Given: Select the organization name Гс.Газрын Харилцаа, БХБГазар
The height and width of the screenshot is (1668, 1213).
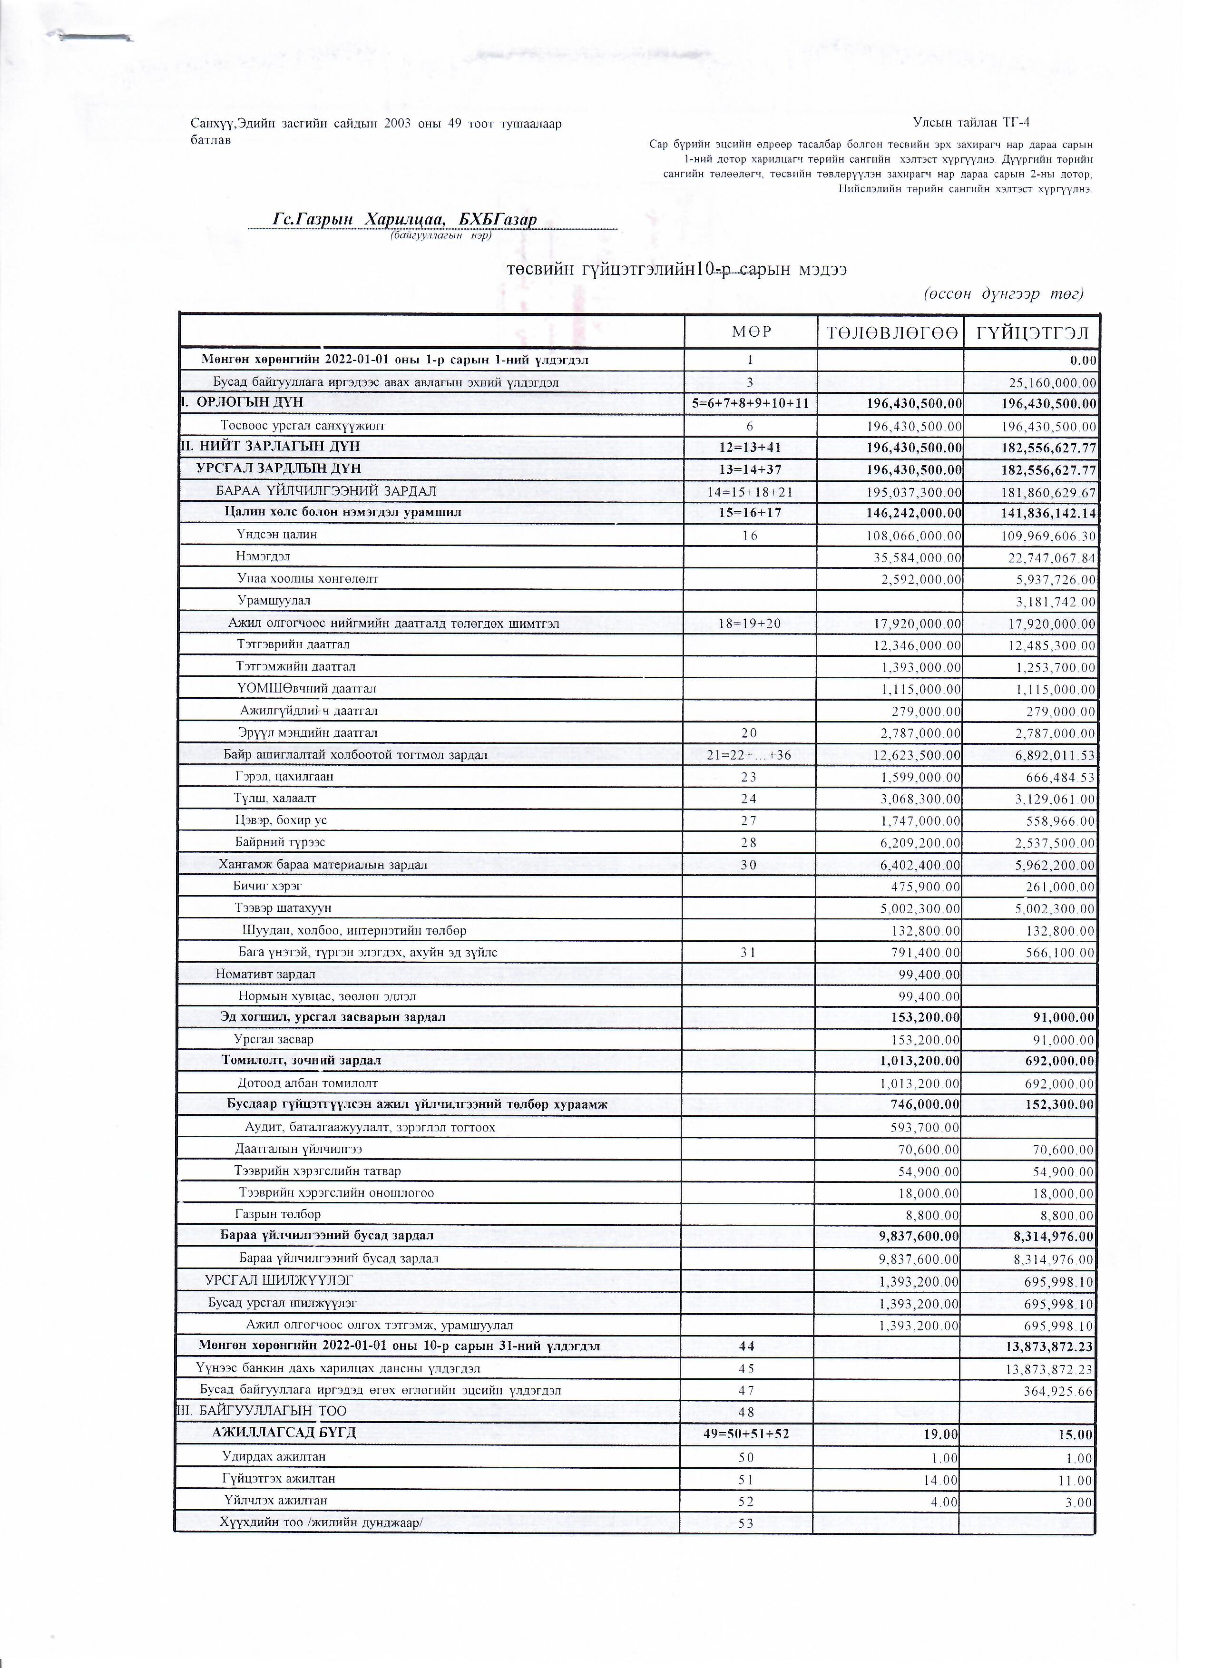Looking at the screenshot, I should click(x=405, y=219).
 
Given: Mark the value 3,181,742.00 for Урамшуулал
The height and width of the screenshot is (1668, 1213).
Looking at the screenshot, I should click(x=1056, y=602).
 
